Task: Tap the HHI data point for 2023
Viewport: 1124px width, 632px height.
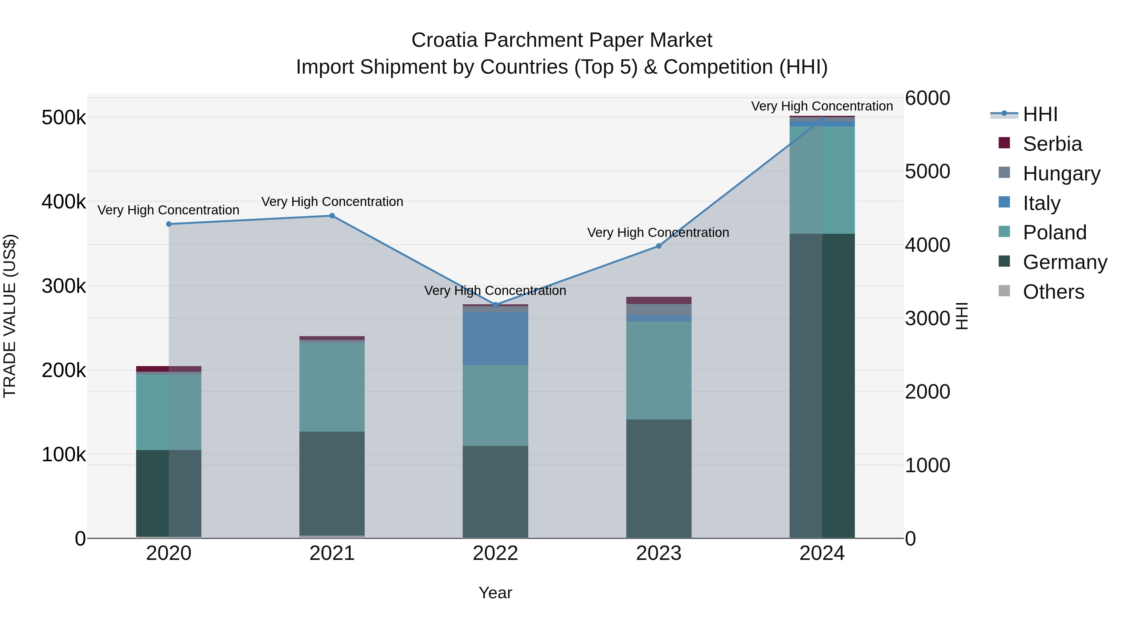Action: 659,246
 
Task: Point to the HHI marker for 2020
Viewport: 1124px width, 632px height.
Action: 169,224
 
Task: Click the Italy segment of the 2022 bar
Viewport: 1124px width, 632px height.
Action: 495,338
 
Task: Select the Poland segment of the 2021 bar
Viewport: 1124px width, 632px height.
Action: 332,387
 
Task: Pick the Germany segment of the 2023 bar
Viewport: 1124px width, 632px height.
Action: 659,478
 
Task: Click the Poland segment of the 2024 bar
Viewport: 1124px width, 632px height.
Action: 822,180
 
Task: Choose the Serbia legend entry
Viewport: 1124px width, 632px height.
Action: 1052,144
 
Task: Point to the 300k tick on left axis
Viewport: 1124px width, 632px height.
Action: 64,287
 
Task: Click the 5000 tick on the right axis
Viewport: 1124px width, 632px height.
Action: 927,171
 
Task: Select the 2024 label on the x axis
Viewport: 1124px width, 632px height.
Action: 822,553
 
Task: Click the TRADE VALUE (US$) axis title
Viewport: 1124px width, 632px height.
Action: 10,316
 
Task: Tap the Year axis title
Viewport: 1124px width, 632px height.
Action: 495,593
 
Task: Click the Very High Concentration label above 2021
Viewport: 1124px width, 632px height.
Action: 332,202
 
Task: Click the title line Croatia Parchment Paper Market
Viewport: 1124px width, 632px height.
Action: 562,40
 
